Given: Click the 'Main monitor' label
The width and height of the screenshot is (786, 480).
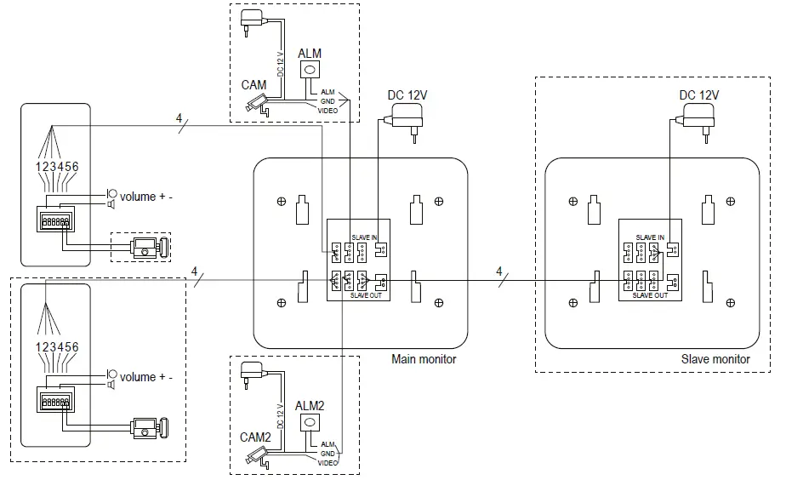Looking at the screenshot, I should click(x=423, y=359).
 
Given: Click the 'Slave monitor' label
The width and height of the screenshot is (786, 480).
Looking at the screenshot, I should click(x=715, y=359).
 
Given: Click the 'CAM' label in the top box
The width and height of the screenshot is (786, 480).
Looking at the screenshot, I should click(x=253, y=85).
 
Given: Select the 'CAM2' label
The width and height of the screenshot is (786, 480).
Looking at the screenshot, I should click(x=255, y=437).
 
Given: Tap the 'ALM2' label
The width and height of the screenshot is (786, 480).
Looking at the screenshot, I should click(x=309, y=406).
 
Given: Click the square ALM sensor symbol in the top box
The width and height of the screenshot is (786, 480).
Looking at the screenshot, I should click(x=310, y=71).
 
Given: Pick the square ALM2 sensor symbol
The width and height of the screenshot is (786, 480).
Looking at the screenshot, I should click(x=310, y=424).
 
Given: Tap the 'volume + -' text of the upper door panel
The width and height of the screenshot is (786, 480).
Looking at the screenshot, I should click(x=145, y=197).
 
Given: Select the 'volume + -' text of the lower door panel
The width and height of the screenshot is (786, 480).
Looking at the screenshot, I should click(x=145, y=377).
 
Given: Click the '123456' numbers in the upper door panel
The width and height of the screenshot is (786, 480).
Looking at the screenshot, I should click(x=55, y=167).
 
